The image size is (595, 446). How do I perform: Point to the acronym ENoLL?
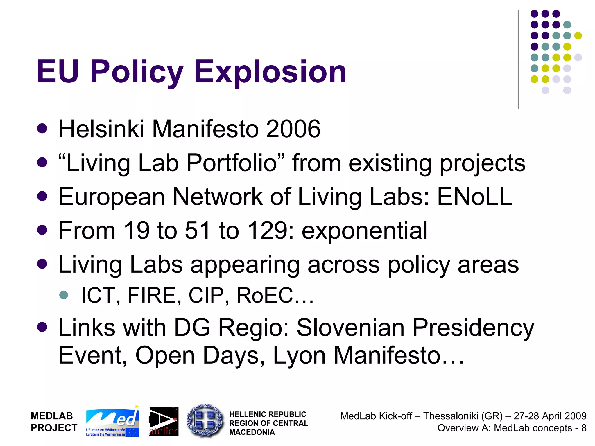coord(474,197)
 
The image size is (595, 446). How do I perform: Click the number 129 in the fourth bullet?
coord(268,231)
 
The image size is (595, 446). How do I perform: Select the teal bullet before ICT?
coord(63,295)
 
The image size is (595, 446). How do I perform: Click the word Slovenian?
coord(350,328)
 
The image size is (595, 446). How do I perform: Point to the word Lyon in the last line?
coord(299,355)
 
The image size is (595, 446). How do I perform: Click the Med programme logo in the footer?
coord(112,422)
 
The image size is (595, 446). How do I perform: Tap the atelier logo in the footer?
coord(164,422)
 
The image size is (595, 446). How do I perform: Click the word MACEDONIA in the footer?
coord(252,432)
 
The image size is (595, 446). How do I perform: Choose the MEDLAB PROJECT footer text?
coord(54,422)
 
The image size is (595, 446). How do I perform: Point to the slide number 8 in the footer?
coord(584,428)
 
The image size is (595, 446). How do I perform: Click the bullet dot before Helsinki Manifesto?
coord(42,129)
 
